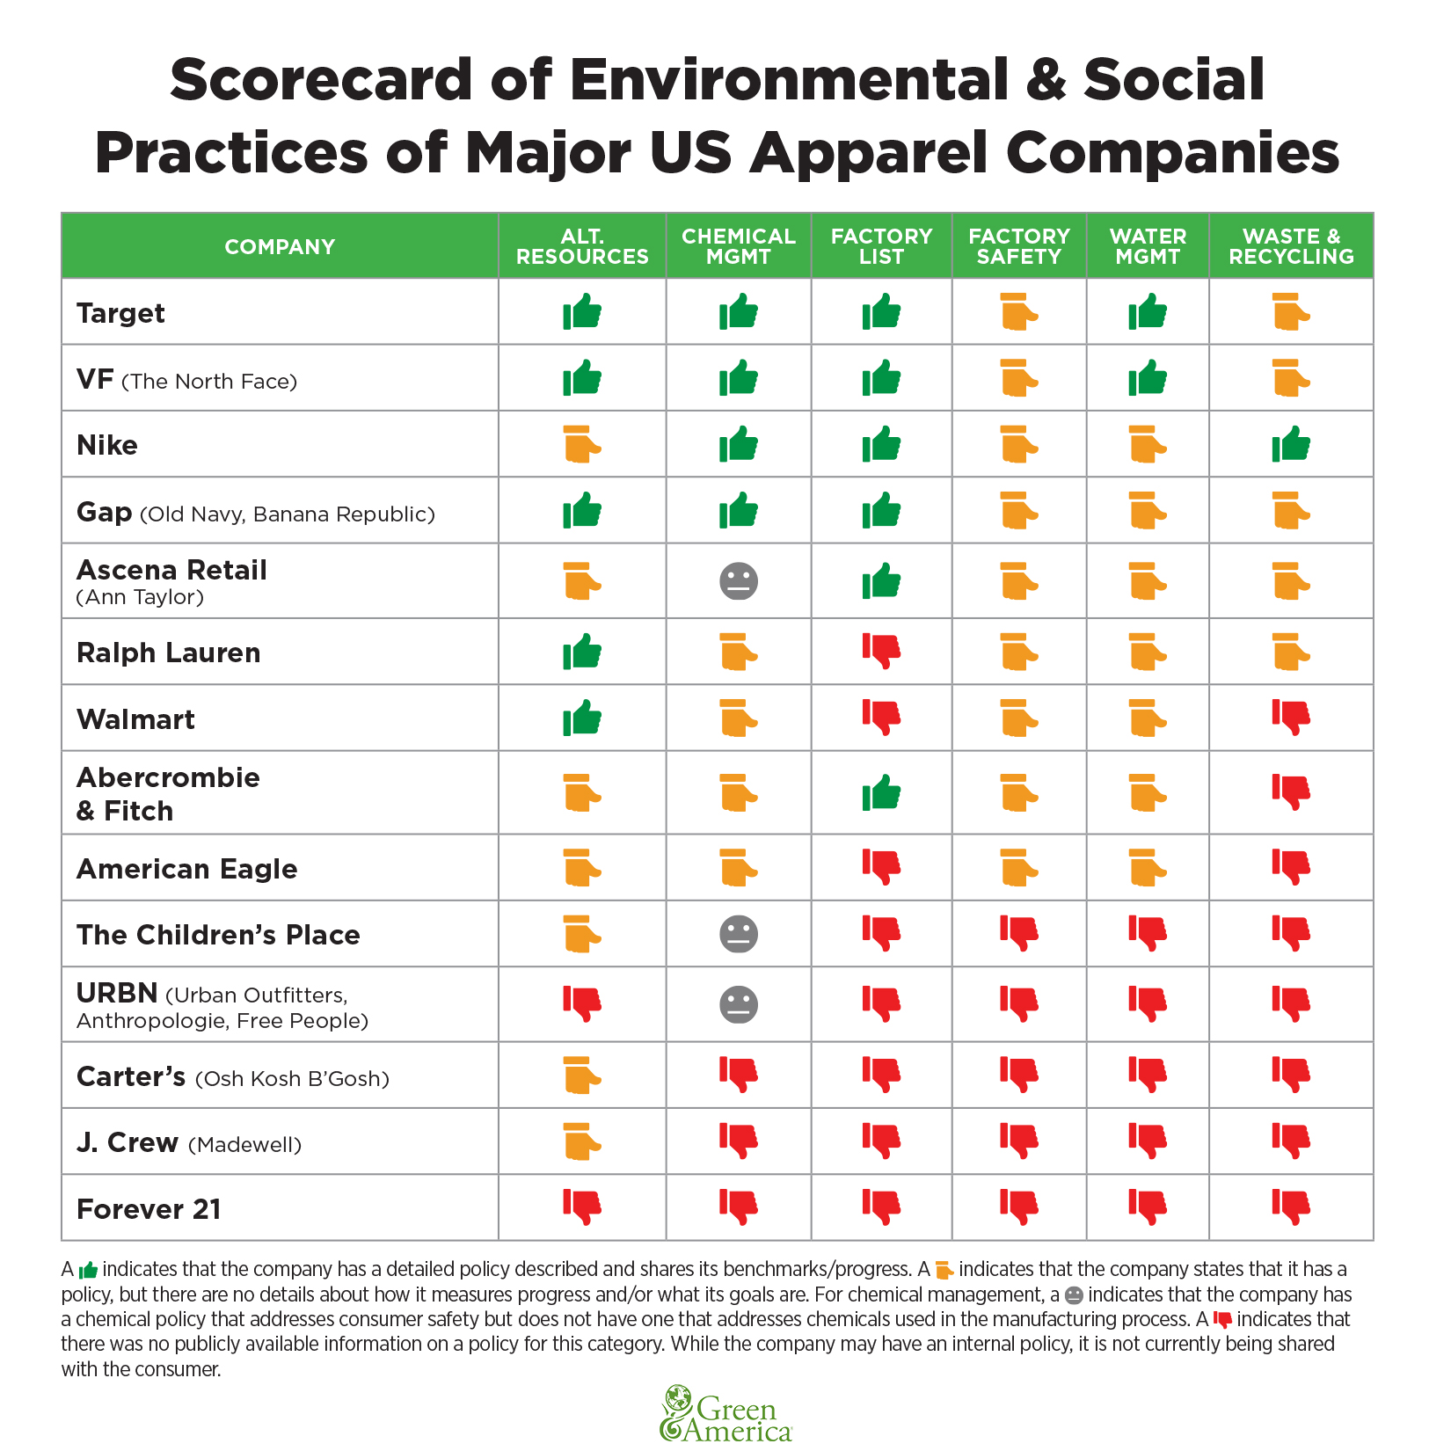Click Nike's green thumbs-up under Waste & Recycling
coord(1291,444)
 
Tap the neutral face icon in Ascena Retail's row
coord(739,581)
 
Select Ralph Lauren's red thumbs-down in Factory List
coord(881,651)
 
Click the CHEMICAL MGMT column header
coord(739,246)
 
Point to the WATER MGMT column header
coord(1148,246)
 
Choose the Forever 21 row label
coord(149,1209)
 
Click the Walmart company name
coord(135,719)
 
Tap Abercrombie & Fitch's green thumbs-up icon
coord(881,793)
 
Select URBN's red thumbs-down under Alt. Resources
coord(582,1003)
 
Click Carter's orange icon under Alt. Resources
coord(582,1075)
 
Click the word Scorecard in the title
coord(322,79)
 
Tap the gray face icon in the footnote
coord(1074,1295)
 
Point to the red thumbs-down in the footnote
coord(1222,1320)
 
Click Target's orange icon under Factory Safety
coord(1019,312)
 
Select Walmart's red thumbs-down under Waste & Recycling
coord(1291,718)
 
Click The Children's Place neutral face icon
coord(739,934)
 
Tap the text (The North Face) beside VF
coord(209,382)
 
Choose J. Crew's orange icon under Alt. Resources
coord(582,1141)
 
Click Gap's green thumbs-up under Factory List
coord(881,511)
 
